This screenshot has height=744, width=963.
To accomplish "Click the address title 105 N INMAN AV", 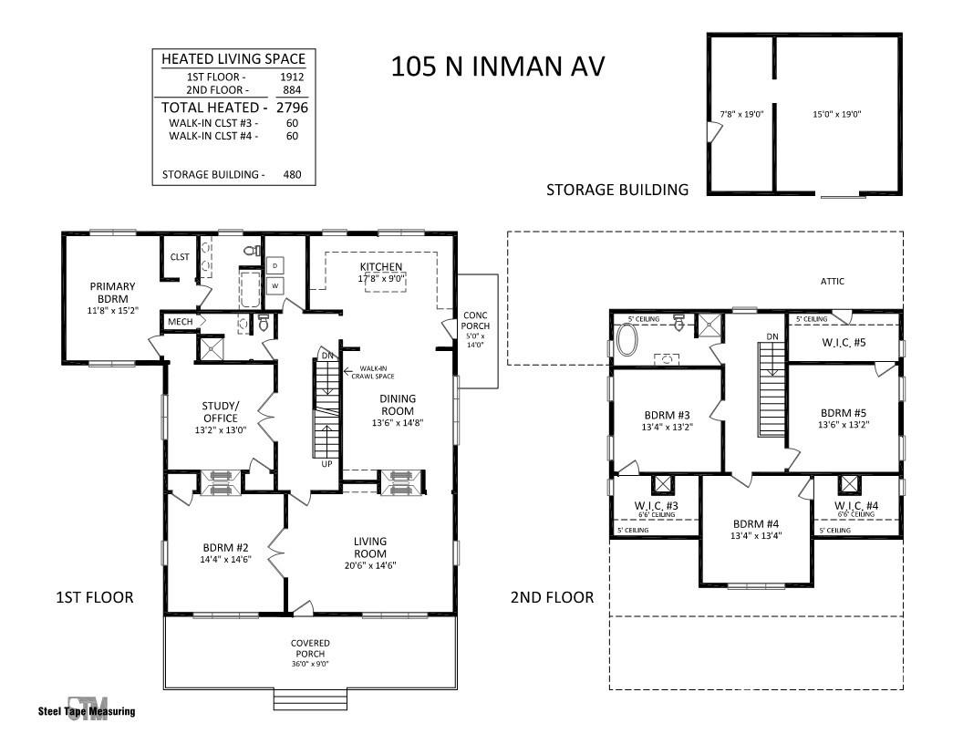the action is tap(498, 67).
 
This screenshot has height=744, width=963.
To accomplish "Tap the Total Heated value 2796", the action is tap(292, 108).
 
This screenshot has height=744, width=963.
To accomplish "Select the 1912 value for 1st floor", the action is tap(292, 77).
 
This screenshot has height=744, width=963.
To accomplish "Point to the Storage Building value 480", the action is tap(292, 174).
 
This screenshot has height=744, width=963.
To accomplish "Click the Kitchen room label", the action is tap(381, 266).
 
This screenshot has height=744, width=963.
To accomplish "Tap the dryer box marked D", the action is tap(274, 265).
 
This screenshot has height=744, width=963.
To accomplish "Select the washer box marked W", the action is tap(274, 285).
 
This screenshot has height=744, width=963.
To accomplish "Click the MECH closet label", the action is tap(180, 322).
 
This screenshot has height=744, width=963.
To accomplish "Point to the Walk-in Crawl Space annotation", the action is tap(373, 372).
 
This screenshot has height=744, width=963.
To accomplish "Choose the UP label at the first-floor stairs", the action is tap(326, 464).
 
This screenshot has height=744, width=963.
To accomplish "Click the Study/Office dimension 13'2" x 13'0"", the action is tap(221, 430).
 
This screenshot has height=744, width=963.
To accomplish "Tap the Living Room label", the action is tap(369, 547).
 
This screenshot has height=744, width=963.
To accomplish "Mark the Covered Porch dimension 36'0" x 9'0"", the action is tap(310, 664).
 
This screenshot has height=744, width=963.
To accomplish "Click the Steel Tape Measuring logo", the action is tap(87, 710).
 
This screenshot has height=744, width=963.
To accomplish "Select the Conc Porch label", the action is tap(475, 320).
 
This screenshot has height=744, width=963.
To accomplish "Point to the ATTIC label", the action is tap(833, 281).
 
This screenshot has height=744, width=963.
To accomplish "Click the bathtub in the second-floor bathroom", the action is tap(627, 339).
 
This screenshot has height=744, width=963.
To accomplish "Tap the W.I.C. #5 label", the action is tap(844, 342).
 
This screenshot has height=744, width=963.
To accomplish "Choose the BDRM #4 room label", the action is tap(755, 523).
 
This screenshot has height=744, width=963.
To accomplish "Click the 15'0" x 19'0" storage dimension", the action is tap(836, 114).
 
